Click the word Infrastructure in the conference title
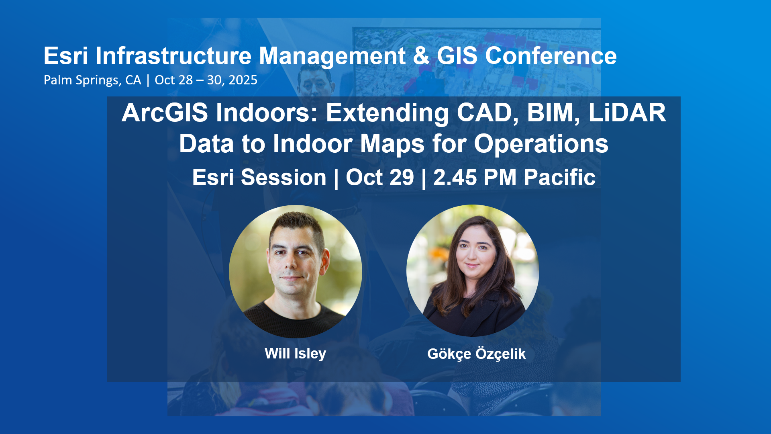pyautogui.click(x=173, y=55)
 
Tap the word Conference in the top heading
pyautogui.click(x=551, y=55)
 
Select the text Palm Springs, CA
pyautogui.click(x=92, y=80)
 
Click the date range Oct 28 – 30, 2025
pyautogui.click(x=206, y=80)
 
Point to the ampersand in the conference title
pyautogui.click(x=421, y=55)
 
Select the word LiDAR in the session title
pyautogui.click(x=627, y=113)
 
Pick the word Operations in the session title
pyautogui.click(x=541, y=144)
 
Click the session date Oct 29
pyautogui.click(x=380, y=177)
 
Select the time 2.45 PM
pyautogui.click(x=475, y=177)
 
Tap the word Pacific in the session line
pyautogui.click(x=560, y=177)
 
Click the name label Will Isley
pyautogui.click(x=296, y=354)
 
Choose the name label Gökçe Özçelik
pyautogui.click(x=477, y=354)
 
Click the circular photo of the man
pyautogui.click(x=296, y=272)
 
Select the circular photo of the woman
pyautogui.click(x=473, y=271)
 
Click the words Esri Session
pyautogui.click(x=259, y=177)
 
